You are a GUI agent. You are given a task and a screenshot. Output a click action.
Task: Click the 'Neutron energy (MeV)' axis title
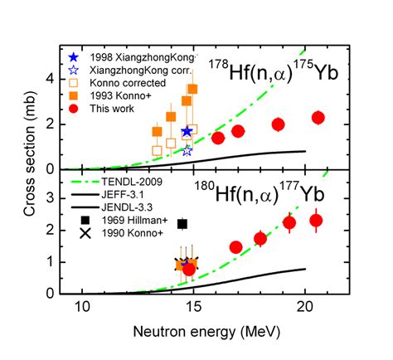194,332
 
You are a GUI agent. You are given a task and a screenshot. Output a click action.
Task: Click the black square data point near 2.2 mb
182,224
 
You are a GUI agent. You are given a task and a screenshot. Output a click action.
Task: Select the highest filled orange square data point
192,89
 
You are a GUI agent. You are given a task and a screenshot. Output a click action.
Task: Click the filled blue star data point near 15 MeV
187,132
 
